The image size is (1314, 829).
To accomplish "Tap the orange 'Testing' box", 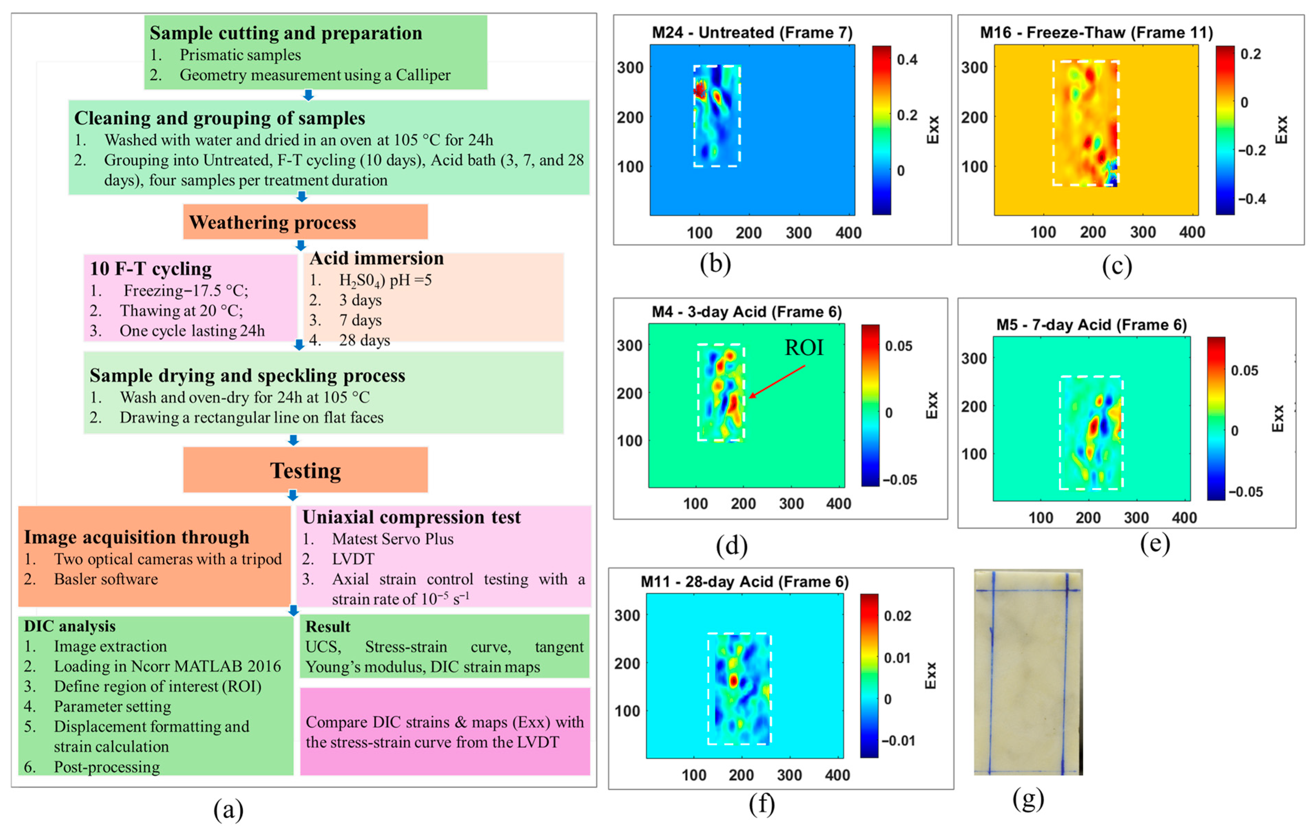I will (305, 470).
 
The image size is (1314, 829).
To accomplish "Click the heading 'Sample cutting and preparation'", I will (286, 33).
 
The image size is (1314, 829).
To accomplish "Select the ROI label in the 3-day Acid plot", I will (803, 348).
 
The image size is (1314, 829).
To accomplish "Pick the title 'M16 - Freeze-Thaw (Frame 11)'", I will (1096, 33).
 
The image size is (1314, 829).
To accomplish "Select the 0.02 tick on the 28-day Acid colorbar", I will (897, 616).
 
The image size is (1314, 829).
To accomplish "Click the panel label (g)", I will (1028, 799).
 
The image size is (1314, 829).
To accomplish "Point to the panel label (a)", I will (228, 810).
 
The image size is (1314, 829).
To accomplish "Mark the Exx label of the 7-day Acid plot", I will (1278, 418).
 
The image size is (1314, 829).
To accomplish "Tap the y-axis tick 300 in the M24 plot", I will (630, 68).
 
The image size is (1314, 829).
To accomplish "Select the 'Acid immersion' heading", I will (376, 258).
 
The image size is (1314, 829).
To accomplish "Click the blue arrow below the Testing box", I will (293, 495).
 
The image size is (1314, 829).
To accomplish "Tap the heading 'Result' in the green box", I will (327, 627).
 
